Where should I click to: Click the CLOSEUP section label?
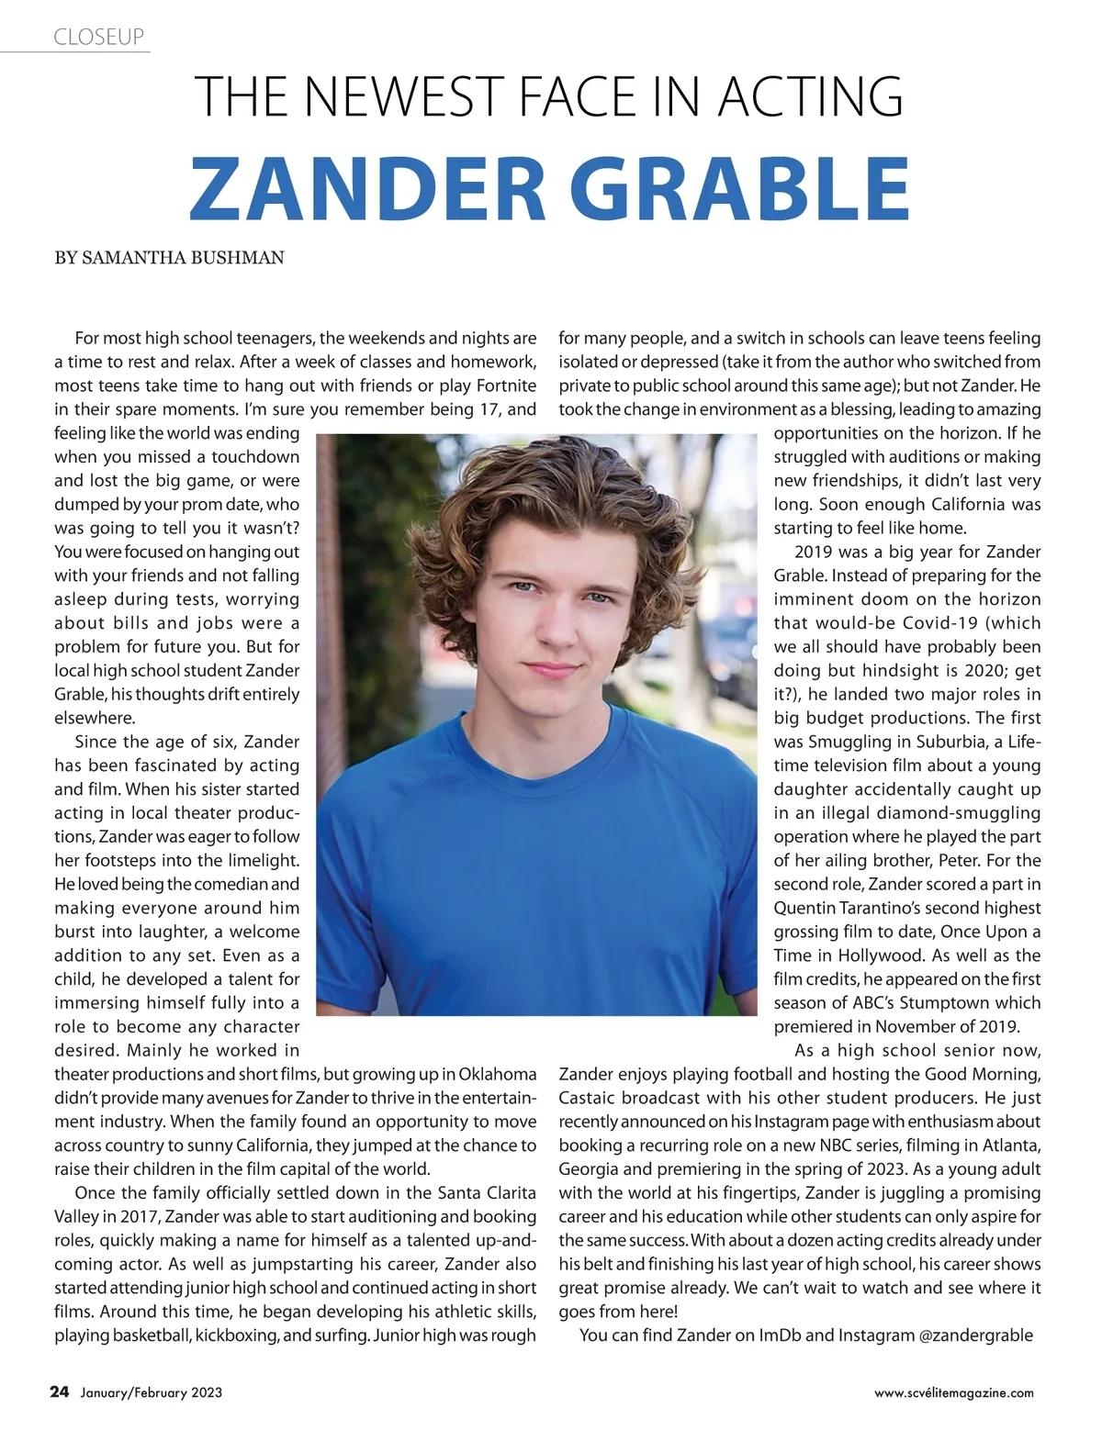tap(99, 37)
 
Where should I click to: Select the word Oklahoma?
tap(497, 1074)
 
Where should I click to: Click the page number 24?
tap(59, 1392)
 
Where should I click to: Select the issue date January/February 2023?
tap(151, 1393)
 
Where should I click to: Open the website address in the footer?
tap(953, 1393)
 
